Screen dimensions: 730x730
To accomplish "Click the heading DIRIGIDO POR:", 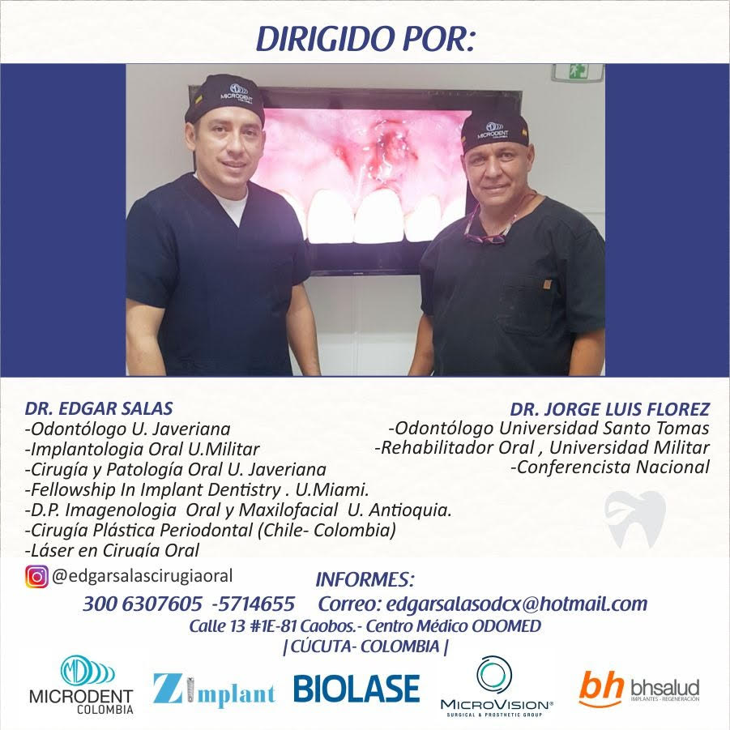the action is (365, 38).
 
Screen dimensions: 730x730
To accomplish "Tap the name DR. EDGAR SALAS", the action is (99, 408).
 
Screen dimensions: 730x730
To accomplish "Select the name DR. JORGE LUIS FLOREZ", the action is (610, 409).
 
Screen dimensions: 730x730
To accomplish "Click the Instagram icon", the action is (36, 577).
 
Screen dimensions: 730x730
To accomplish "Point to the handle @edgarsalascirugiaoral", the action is (143, 576).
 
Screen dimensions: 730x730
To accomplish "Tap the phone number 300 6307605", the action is (143, 604).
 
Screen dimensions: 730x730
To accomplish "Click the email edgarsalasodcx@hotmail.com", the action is (517, 604).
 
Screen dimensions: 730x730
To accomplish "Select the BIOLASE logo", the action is (356, 689).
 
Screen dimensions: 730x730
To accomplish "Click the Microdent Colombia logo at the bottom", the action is (82, 685).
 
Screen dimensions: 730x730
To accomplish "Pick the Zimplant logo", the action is (214, 689).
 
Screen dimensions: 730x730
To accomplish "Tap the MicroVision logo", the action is (497, 687).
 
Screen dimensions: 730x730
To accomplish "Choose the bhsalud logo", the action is (639, 689).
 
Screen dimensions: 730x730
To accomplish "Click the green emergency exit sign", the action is (578, 72).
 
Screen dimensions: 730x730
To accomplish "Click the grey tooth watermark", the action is (635, 519).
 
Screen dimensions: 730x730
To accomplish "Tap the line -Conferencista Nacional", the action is (610, 467).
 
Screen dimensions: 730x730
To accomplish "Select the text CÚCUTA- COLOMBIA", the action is (365, 647).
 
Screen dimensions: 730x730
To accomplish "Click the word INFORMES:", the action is (365, 579).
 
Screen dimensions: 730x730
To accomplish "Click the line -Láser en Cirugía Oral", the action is (112, 550).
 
